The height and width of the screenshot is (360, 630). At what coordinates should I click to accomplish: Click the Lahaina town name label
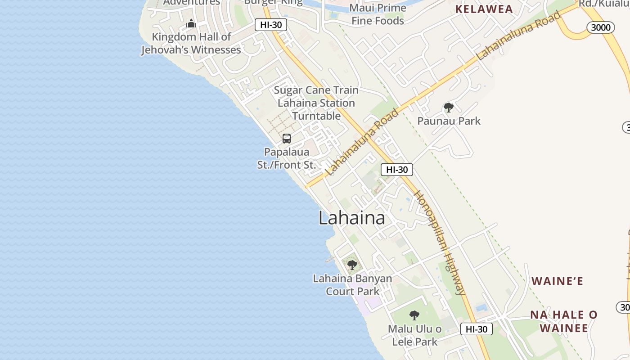click(351, 218)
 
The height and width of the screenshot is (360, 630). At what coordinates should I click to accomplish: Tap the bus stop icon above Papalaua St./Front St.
click(287, 139)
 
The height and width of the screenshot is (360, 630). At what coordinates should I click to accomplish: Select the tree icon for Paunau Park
click(448, 108)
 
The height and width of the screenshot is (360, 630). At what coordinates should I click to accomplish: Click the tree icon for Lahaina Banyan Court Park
click(352, 265)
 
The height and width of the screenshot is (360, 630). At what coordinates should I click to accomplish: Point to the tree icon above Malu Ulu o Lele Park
click(414, 315)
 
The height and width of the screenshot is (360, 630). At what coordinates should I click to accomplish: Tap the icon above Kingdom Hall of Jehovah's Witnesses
click(191, 23)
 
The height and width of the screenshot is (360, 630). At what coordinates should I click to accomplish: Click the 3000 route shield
click(601, 27)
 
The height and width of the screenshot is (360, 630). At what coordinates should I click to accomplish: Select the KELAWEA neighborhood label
click(484, 9)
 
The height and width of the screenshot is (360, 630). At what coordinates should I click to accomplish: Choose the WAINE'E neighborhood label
click(557, 281)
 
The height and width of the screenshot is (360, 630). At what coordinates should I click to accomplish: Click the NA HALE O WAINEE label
click(563, 321)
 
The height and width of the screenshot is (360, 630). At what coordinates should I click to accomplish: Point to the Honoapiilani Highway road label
click(440, 243)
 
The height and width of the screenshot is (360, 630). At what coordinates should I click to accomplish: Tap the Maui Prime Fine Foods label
click(378, 14)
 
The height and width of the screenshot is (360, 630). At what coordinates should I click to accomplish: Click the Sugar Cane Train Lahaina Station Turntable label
click(316, 103)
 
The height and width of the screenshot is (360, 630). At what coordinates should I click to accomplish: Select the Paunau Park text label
click(449, 121)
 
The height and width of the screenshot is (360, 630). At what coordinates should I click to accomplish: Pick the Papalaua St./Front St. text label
click(287, 158)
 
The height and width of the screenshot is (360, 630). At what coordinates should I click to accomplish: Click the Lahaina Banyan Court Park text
click(352, 285)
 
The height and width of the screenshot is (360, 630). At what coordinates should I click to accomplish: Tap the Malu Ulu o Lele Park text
click(414, 335)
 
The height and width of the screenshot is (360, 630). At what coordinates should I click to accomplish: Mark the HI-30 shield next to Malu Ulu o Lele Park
click(477, 329)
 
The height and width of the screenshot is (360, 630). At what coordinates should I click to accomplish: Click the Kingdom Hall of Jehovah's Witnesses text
click(191, 43)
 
